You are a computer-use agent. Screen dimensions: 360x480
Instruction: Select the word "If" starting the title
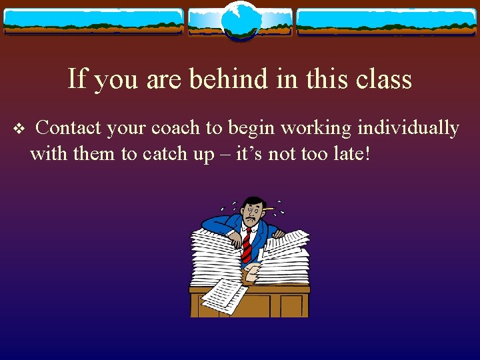point(77,79)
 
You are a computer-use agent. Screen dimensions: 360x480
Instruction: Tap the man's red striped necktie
point(247,243)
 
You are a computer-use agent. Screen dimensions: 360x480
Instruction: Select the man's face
point(251,213)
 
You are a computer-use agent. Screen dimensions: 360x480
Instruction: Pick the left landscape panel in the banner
point(93,21)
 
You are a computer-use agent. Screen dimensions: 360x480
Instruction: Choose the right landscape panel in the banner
point(387,21)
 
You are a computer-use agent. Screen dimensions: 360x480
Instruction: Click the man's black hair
point(252,200)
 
